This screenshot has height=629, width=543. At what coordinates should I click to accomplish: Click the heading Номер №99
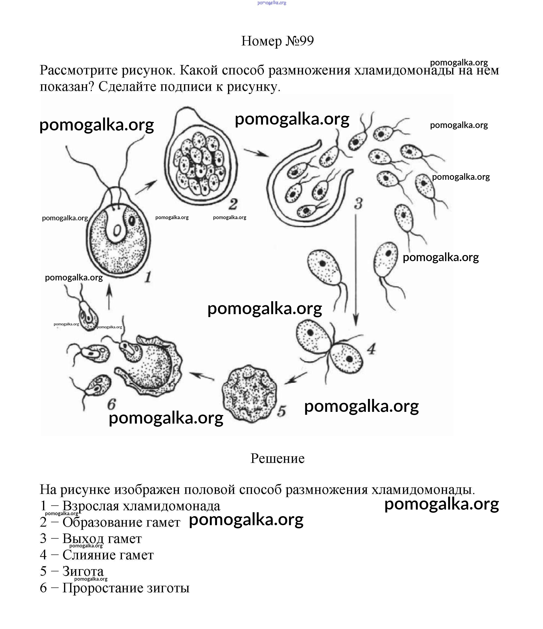[277, 41]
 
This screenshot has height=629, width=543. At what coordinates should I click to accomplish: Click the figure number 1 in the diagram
[148, 277]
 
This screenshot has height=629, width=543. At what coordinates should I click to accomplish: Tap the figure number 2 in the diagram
[233, 204]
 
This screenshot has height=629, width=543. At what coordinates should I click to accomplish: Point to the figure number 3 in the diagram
[358, 203]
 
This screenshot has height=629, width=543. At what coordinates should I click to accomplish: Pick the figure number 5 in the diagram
[281, 411]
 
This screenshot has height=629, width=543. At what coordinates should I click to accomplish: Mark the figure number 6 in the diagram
[111, 404]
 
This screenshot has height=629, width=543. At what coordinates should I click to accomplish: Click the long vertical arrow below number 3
[356, 270]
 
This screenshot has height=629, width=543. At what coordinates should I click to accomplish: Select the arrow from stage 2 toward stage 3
[256, 153]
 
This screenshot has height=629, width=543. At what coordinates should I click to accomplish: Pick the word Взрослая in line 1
[90, 506]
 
